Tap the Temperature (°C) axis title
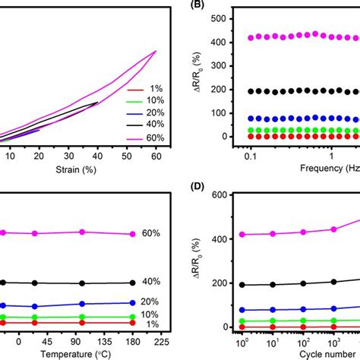click(76, 354)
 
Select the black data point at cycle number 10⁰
click(243, 285)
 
